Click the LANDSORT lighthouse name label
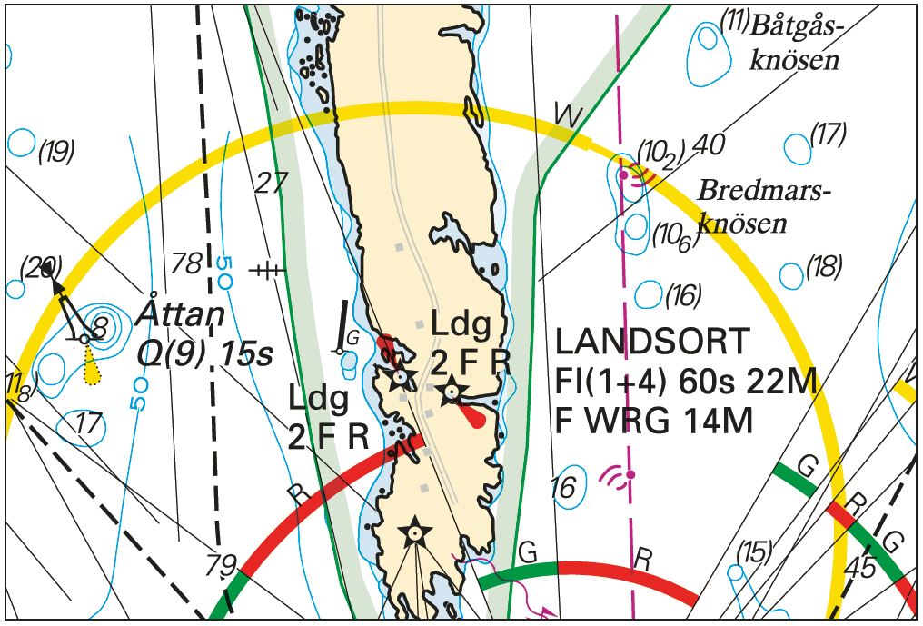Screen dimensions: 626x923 pos(653,343)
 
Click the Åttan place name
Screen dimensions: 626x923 pos(182,315)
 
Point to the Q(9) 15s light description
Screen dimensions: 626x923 pos(204,353)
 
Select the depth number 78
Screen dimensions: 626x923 pos(187,264)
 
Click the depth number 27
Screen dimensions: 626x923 pos(270,183)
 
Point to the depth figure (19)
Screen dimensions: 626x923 pos(56,152)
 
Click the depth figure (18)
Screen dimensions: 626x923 pos(824,267)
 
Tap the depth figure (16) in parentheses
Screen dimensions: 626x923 pos(684,295)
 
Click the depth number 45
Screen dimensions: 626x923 pos(858,568)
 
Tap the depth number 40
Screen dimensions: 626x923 pos(708,144)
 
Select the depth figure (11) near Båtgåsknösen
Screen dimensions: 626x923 pos(734,20)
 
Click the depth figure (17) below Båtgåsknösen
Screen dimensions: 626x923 pos(828,134)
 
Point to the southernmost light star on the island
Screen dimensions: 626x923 pos(415,532)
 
